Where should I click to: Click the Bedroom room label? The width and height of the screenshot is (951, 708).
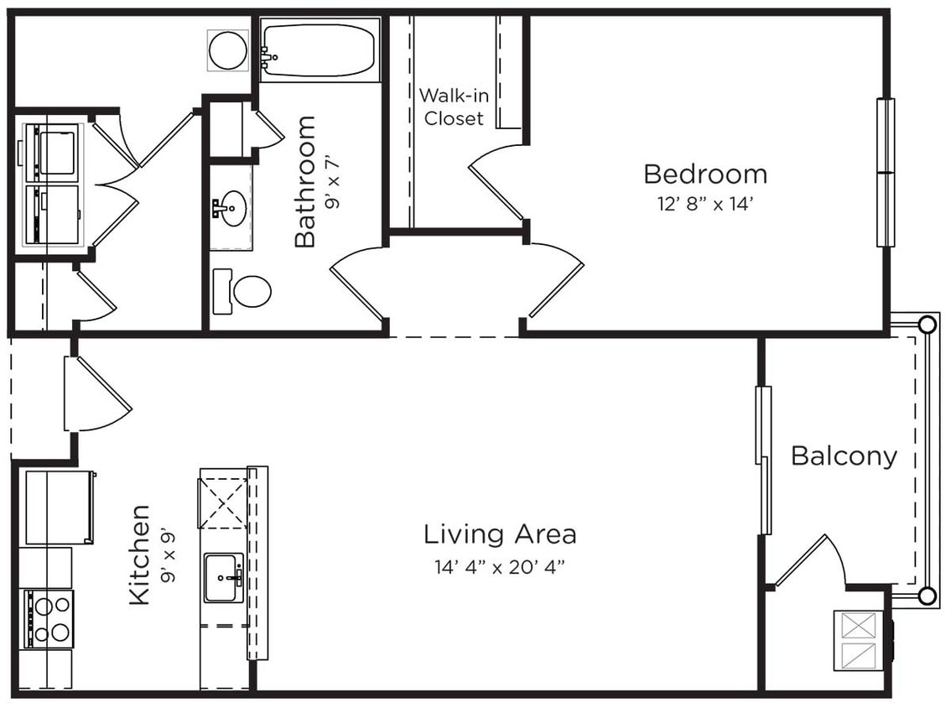704,174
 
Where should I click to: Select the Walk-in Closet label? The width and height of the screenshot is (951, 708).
453,107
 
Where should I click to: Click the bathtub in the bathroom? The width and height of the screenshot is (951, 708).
320,49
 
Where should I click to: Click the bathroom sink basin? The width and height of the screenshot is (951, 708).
231,207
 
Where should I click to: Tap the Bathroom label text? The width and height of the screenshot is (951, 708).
305,181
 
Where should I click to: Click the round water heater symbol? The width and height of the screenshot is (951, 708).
227,50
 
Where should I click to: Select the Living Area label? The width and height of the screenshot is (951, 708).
499,534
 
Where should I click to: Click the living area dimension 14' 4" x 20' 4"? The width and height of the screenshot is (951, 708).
499,567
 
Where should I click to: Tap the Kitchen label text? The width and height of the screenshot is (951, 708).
139,554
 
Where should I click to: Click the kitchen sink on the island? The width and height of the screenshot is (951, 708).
223,577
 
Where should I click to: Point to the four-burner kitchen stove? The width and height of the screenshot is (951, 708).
49,619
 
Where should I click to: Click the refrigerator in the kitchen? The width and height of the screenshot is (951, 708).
59,507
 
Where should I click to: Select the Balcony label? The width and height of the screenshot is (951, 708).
844,456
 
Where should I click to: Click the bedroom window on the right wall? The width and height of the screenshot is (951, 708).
885,173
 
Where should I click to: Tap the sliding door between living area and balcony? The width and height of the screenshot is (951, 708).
763,460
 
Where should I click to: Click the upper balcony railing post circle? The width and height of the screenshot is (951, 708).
927,325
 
